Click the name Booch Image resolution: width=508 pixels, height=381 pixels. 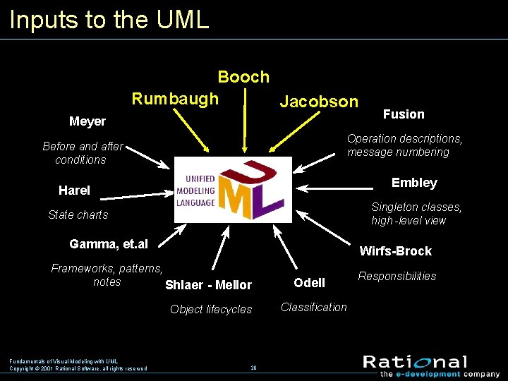click(243, 77)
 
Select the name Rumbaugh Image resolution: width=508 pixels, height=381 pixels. click(175, 98)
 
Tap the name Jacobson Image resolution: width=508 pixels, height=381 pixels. click(319, 102)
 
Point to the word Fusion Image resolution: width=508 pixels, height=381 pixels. click(404, 114)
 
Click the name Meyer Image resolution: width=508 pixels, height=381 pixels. click(87, 121)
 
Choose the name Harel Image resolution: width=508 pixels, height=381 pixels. click(74, 190)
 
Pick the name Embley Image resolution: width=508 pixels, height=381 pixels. click(414, 183)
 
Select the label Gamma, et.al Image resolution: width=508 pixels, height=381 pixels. click(109, 244)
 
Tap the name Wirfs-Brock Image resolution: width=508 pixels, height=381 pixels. click(396, 251)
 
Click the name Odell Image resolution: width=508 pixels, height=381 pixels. click(310, 283)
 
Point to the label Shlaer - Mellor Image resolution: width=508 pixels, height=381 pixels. click(208, 285)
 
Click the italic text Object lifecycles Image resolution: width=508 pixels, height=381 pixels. click(211, 309)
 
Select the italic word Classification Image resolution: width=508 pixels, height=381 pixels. click(314, 307)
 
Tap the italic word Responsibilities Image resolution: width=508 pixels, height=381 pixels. click(397, 276)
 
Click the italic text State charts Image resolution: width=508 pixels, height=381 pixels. click(78, 214)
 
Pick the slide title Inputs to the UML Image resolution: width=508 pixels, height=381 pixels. click(109, 19)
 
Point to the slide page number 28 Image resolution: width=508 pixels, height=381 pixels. click(254, 368)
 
